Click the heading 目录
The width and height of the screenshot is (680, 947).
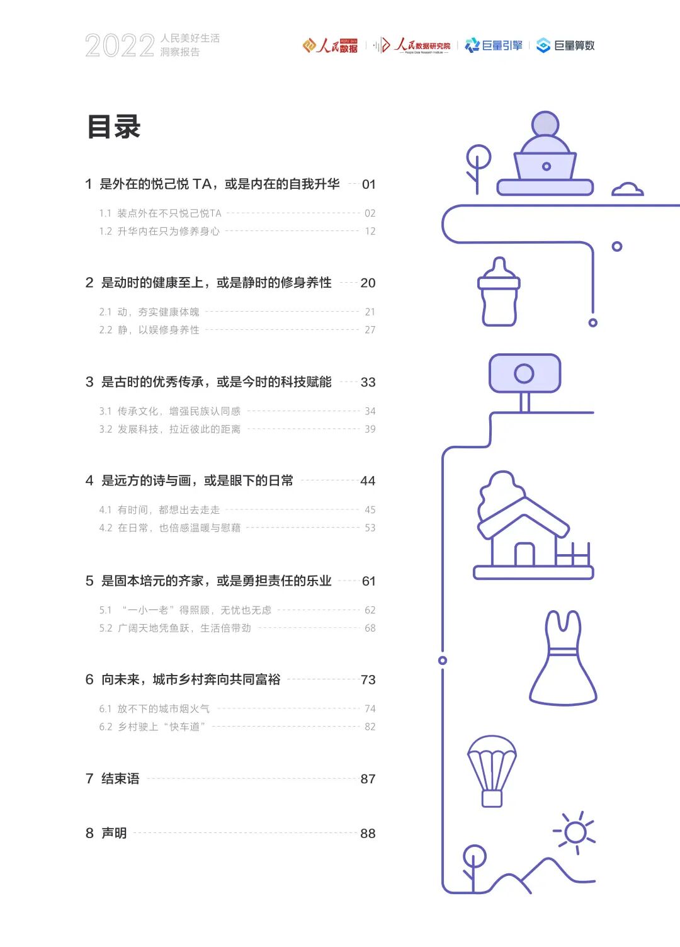pyautogui.click(x=114, y=127)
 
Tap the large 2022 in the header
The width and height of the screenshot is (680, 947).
pyautogui.click(x=120, y=45)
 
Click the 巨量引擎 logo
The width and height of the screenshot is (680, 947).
pyautogui.click(x=494, y=45)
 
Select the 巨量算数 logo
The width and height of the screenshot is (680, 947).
pyautogui.click(x=565, y=45)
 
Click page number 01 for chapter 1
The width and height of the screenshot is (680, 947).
pyautogui.click(x=368, y=184)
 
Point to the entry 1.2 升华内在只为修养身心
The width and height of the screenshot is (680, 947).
pyautogui.click(x=159, y=232)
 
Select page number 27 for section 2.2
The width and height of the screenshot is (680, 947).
pyautogui.click(x=370, y=330)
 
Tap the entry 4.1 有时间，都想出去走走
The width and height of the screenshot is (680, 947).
pyautogui.click(x=160, y=510)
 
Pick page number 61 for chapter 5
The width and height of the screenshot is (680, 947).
pyautogui.click(x=368, y=581)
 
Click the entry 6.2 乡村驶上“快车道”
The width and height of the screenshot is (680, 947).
pyautogui.click(x=152, y=727)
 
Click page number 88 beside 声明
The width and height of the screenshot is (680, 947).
pyautogui.click(x=368, y=834)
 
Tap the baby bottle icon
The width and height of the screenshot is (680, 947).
pyautogui.click(x=499, y=293)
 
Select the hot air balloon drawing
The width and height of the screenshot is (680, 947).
pyautogui.click(x=492, y=770)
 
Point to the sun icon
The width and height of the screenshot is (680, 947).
pyautogui.click(x=575, y=832)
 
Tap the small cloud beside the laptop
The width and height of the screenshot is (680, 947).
pyautogui.click(x=627, y=189)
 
